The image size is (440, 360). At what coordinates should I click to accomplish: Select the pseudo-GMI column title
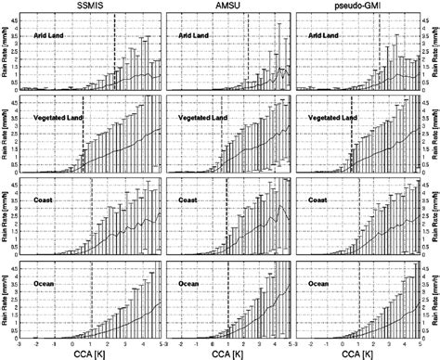tap(357, 6)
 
